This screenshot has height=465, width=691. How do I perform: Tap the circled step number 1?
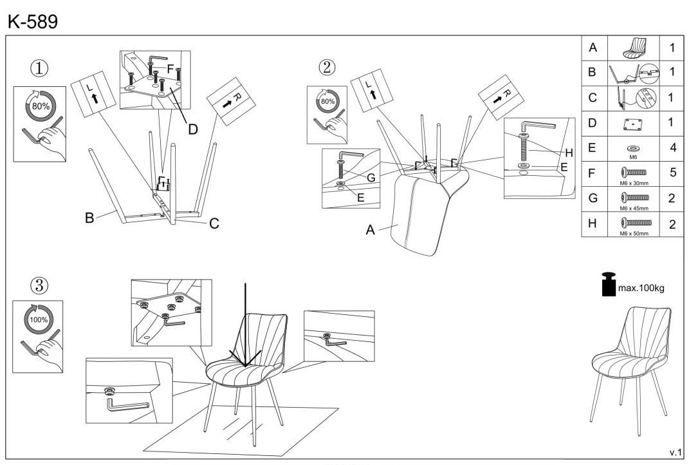pos(41,68)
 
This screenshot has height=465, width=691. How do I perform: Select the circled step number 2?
pos(327,67)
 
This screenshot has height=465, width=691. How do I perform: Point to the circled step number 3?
pos(40,284)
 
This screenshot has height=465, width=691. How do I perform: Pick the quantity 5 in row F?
pos(672,173)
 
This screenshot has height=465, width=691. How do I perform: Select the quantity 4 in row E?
pos(672,147)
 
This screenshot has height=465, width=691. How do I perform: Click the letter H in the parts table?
pos(593,223)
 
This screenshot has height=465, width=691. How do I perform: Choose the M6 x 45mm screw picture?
pos(633,198)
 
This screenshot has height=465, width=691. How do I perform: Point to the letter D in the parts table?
pos(593,122)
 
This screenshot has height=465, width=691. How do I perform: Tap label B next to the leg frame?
pos(89,218)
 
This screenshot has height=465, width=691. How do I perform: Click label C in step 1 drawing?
pos(214,223)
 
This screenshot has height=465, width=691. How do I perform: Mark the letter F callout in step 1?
pos(170,68)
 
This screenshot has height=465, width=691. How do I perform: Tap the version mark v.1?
pos(675,452)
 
